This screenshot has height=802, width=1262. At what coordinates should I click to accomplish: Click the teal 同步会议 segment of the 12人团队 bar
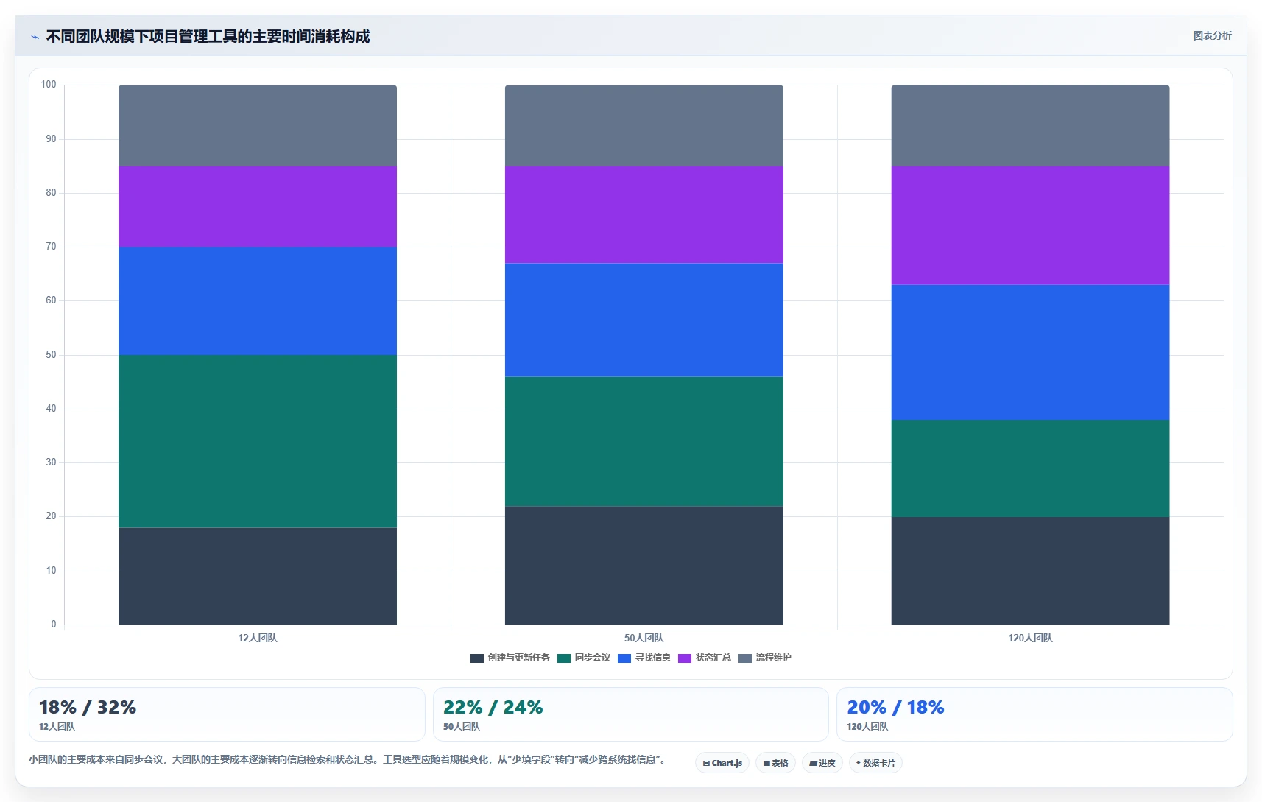click(258, 441)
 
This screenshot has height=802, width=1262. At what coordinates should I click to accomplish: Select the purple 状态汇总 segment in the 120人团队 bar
click(1030, 225)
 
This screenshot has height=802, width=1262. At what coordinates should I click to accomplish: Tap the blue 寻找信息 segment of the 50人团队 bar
click(644, 320)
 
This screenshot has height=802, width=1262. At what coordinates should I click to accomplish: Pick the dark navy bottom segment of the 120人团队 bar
click(1030, 570)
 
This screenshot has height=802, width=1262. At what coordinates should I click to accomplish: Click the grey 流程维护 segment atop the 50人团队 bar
click(644, 126)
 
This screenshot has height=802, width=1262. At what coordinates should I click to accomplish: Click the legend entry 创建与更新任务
click(510, 658)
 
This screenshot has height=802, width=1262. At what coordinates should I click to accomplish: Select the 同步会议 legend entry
click(584, 658)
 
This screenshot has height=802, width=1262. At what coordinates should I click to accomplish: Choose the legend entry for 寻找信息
click(644, 658)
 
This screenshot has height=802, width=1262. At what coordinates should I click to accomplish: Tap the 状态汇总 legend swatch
click(685, 658)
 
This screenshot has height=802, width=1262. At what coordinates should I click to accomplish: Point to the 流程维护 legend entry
click(764, 658)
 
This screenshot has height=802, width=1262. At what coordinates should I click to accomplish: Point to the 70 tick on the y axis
click(52, 246)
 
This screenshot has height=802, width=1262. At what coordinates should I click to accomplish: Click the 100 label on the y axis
click(49, 85)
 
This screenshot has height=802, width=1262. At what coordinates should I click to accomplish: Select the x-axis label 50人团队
click(644, 638)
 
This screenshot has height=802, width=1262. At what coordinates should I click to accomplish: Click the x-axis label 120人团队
click(1030, 638)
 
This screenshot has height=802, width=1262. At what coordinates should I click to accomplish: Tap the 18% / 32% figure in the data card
click(88, 707)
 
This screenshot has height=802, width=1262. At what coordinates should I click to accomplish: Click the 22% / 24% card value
click(493, 707)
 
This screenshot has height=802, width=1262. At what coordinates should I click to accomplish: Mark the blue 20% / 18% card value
click(896, 707)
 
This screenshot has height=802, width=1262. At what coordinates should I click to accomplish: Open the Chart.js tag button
click(722, 763)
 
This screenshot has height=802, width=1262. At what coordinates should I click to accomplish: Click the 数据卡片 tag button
click(875, 763)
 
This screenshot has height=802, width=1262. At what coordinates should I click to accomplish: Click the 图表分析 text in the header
click(1213, 35)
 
